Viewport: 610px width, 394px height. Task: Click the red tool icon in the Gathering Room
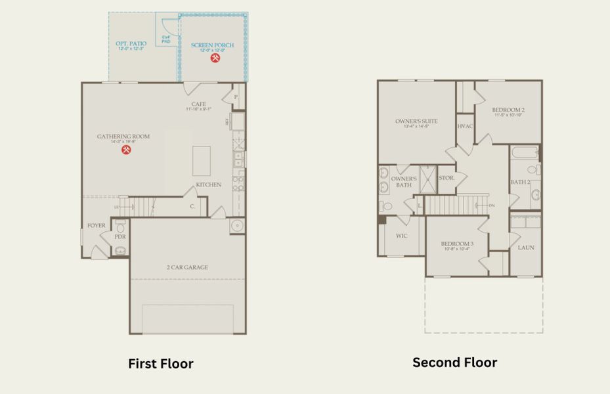(127, 150)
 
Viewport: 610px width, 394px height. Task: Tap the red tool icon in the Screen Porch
(215, 58)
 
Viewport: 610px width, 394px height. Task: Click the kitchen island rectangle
(201, 161)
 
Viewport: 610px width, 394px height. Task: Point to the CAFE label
(198, 104)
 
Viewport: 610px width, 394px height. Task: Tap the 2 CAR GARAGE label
(187, 267)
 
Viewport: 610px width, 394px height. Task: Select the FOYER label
(97, 226)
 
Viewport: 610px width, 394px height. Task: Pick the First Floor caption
(160, 364)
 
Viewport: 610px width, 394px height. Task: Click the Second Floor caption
(454, 362)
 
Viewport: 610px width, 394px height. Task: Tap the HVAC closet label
(465, 126)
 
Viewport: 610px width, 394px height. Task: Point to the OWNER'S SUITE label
(416, 121)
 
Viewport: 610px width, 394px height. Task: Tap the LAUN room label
(526, 248)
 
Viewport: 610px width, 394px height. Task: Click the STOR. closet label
(447, 178)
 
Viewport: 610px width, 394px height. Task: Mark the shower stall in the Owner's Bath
(428, 179)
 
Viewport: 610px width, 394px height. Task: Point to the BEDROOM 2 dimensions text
(508, 116)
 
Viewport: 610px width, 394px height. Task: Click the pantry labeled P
(235, 97)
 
